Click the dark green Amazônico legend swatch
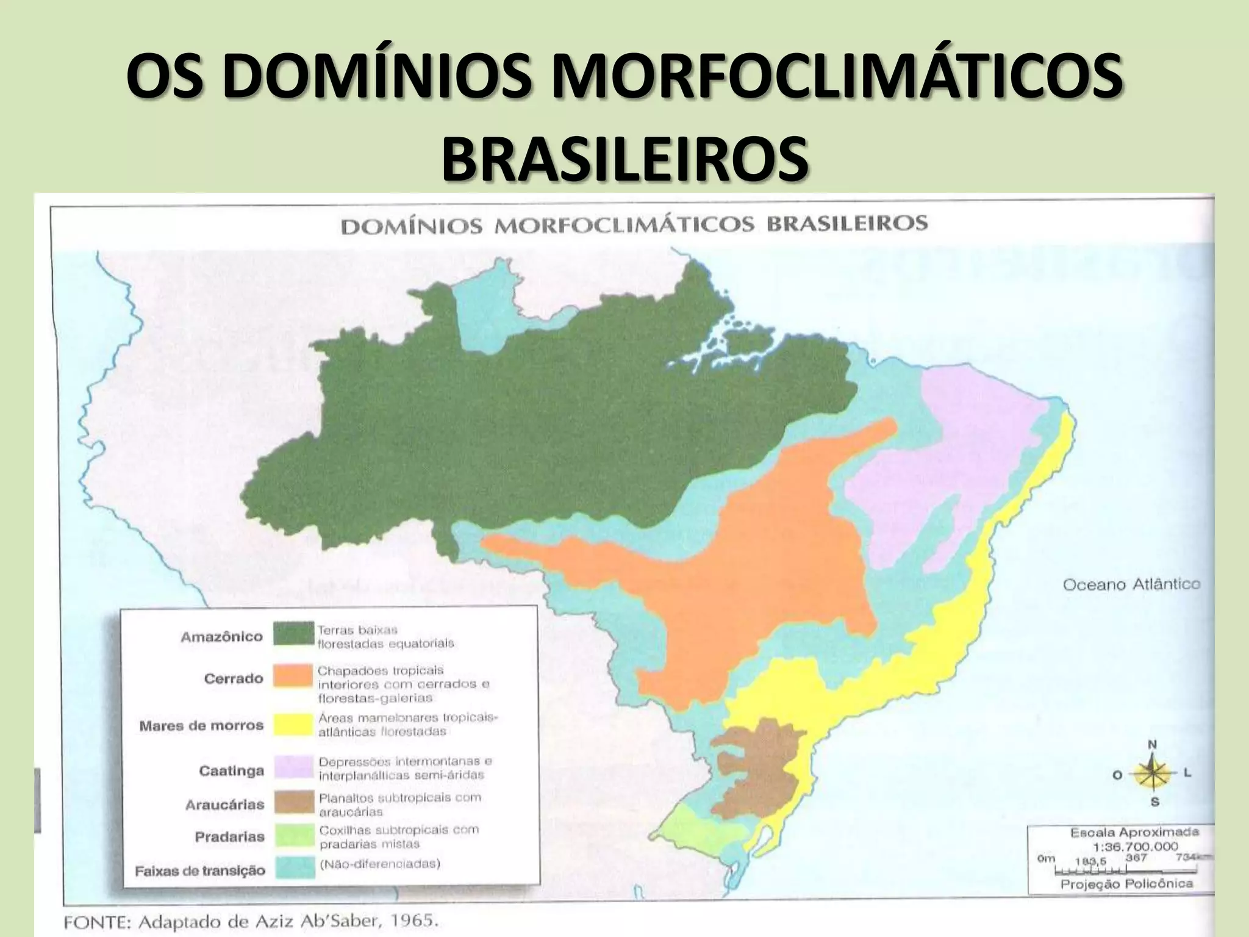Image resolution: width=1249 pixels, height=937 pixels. (x=293, y=634)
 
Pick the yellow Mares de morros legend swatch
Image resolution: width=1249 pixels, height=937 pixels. (x=293, y=723)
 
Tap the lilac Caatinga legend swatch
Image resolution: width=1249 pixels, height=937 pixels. (x=293, y=767)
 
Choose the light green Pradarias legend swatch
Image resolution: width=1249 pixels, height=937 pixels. (x=293, y=835)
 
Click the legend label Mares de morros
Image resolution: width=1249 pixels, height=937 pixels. (x=201, y=726)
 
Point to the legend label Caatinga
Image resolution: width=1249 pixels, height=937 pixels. (x=231, y=771)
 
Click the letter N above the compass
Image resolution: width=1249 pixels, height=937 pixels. (x=1152, y=745)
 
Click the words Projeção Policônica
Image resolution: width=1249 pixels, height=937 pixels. (x=1126, y=884)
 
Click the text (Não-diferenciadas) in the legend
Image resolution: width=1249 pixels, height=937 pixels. (x=379, y=864)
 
